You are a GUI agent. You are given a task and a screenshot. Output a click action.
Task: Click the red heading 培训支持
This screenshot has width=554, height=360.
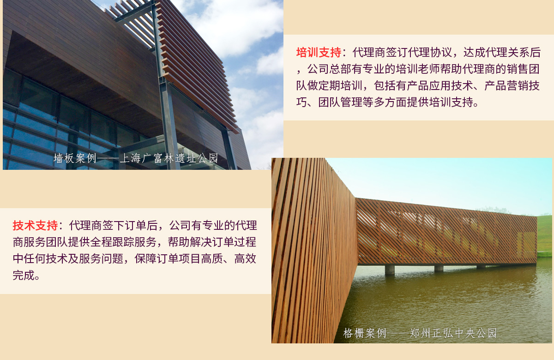coord(319,53)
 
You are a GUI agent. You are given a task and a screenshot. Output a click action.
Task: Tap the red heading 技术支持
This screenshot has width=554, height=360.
coord(35,226)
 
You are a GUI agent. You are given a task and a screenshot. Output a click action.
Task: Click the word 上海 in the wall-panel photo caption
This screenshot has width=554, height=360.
coord(130,158)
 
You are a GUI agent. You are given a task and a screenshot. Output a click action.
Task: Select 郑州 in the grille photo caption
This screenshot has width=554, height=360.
coord(420,333)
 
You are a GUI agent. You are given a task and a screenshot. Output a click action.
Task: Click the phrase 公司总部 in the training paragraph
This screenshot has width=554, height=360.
coord(330,69)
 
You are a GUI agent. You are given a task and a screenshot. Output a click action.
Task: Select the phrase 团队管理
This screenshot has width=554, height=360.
coord(340,102)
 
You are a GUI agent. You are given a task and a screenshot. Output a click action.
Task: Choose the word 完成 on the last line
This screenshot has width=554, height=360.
coord(24,275)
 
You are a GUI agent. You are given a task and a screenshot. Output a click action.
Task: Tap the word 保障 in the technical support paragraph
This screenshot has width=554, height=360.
coord(145,258)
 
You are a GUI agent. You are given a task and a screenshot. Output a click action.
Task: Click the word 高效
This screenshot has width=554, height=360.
coord(245,258)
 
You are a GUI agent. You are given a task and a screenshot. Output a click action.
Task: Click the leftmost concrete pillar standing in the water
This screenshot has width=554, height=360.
coord(390,270)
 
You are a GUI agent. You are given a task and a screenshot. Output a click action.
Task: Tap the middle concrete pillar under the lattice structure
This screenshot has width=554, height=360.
coord(439,269)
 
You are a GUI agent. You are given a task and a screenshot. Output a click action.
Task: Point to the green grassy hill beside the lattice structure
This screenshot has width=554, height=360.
coord(545,235)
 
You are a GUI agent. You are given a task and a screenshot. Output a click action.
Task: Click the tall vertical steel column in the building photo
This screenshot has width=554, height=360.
coord(166,87)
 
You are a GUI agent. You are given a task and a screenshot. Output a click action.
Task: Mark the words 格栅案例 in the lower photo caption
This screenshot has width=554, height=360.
coord(365,333)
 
